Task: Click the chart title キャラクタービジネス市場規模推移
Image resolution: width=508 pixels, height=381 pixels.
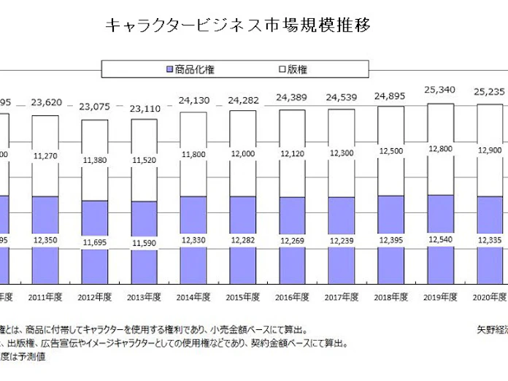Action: click(x=238, y=26)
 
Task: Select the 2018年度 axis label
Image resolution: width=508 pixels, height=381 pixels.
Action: click(x=390, y=297)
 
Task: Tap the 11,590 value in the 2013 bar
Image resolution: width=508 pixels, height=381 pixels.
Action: click(x=144, y=242)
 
